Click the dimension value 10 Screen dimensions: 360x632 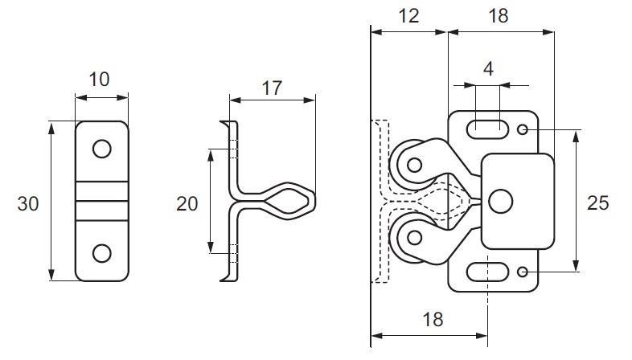pyautogui.click(x=101, y=79)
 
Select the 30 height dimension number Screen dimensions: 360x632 pyautogui.click(x=28, y=204)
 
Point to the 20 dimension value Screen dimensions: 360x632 pyautogui.click(x=187, y=204)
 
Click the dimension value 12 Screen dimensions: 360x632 pyautogui.click(x=408, y=15)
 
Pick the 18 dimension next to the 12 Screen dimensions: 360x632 pyautogui.click(x=499, y=15)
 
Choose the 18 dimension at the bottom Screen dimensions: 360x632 pyautogui.click(x=433, y=319)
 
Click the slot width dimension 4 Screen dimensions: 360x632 pyautogui.click(x=487, y=69)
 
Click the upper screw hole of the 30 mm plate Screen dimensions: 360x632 pyautogui.click(x=101, y=149)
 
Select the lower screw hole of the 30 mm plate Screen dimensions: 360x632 pyautogui.click(x=101, y=253)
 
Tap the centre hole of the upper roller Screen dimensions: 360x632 pyautogui.click(x=414, y=166)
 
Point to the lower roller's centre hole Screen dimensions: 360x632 pyautogui.click(x=414, y=237)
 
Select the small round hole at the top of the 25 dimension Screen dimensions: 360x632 pyautogui.click(x=523, y=129)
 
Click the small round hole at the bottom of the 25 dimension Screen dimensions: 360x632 pyautogui.click(x=523, y=273)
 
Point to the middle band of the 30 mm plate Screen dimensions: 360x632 pyautogui.click(x=101, y=201)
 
